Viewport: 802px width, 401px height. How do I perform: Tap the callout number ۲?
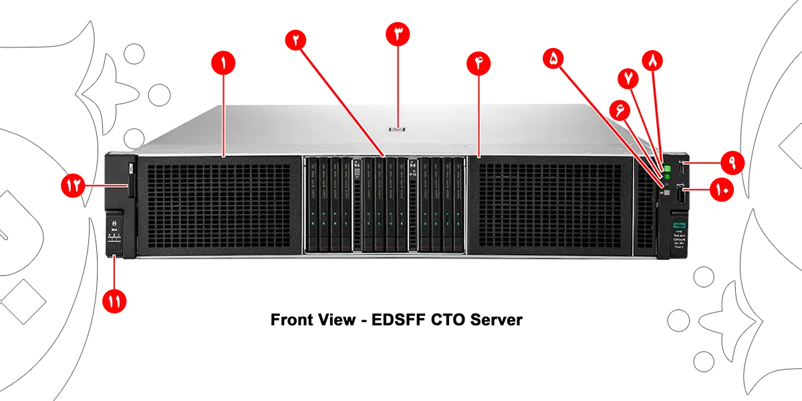[295, 39]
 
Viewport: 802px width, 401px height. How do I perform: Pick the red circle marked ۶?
[620, 112]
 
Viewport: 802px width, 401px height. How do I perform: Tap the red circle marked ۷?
[628, 78]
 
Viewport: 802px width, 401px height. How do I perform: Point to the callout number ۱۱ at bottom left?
[114, 302]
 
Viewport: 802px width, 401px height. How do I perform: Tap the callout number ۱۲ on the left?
[73, 185]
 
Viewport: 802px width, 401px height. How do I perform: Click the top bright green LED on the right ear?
[666, 167]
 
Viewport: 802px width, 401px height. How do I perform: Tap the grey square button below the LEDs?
[666, 191]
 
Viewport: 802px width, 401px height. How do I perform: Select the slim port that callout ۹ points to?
[682, 170]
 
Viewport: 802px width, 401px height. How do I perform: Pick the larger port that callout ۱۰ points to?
[682, 196]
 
